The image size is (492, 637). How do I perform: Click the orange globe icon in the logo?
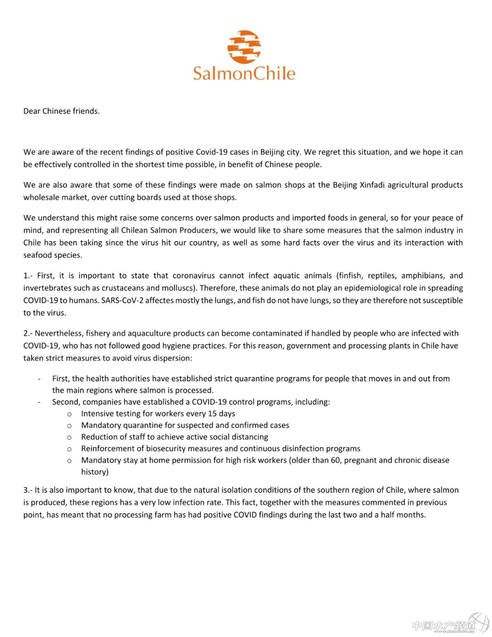(245, 47)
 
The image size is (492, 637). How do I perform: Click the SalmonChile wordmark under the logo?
(244, 73)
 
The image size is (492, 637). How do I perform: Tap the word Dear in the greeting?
(32, 111)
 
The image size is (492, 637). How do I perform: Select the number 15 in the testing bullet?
(212, 414)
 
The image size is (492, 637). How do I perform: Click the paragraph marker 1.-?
(28, 276)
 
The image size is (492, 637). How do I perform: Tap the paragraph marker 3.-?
(28, 490)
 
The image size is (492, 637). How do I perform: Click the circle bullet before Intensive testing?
(69, 414)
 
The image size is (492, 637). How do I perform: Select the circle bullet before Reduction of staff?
(69, 438)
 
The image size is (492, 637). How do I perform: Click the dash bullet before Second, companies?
(40, 402)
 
